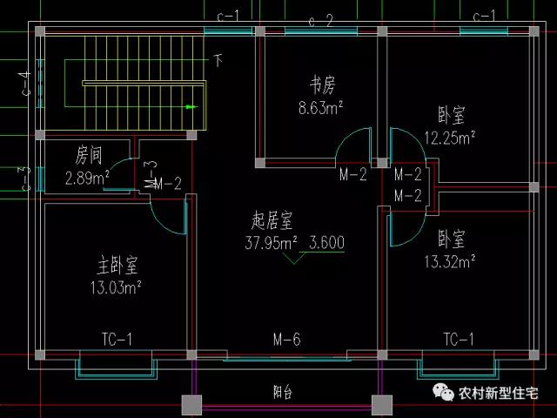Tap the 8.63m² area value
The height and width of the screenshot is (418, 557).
point(319,108)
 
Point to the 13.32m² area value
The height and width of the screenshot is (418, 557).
point(449,260)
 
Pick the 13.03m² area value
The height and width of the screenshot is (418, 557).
point(116,286)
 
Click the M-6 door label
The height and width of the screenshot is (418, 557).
point(286,340)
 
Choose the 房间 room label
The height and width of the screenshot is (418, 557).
point(89,157)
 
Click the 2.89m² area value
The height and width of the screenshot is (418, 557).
point(87,179)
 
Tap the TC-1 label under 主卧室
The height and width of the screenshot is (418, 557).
point(117,340)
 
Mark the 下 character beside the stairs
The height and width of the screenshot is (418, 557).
point(218,60)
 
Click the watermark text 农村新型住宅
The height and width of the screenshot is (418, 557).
point(499,392)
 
